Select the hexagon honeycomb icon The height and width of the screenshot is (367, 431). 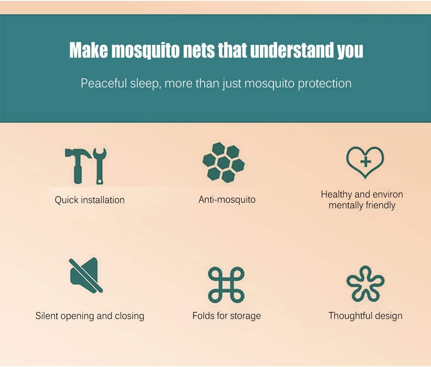pos(223,163)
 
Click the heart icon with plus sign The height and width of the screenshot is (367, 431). pos(365,162)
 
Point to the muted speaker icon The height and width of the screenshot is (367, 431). pos(85,275)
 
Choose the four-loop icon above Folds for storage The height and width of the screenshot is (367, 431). pos(226,285)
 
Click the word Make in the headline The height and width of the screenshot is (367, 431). pos(88,51)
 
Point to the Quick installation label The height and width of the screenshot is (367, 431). pos(90,200)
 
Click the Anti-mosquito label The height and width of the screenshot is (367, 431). pos(227,200)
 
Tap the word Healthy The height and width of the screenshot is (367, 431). pos(336,194)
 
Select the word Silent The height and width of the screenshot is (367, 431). pos(47,316)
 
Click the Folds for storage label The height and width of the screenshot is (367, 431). pos(226,316)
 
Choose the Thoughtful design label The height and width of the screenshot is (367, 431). pos(365,316)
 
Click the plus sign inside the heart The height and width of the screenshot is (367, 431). pos(365,162)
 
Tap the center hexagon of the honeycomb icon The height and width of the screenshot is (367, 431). pos(223,163)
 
